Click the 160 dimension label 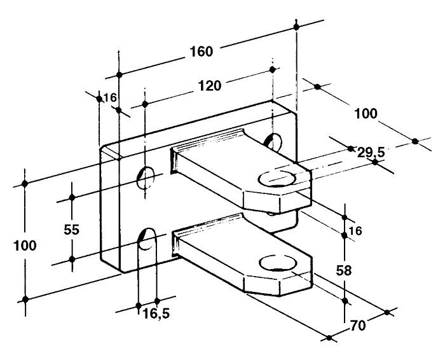coord(201,52)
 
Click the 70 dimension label coord(359,326)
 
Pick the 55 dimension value coord(72,230)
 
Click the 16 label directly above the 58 coord(355,230)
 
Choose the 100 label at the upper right coord(366,114)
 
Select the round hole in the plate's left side coord(147,177)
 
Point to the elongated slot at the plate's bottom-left coord(147,245)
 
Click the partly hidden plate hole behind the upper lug coord(274,141)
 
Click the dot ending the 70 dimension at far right coord(387,312)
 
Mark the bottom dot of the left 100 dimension coord(25,299)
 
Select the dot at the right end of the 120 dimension coord(273,69)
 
